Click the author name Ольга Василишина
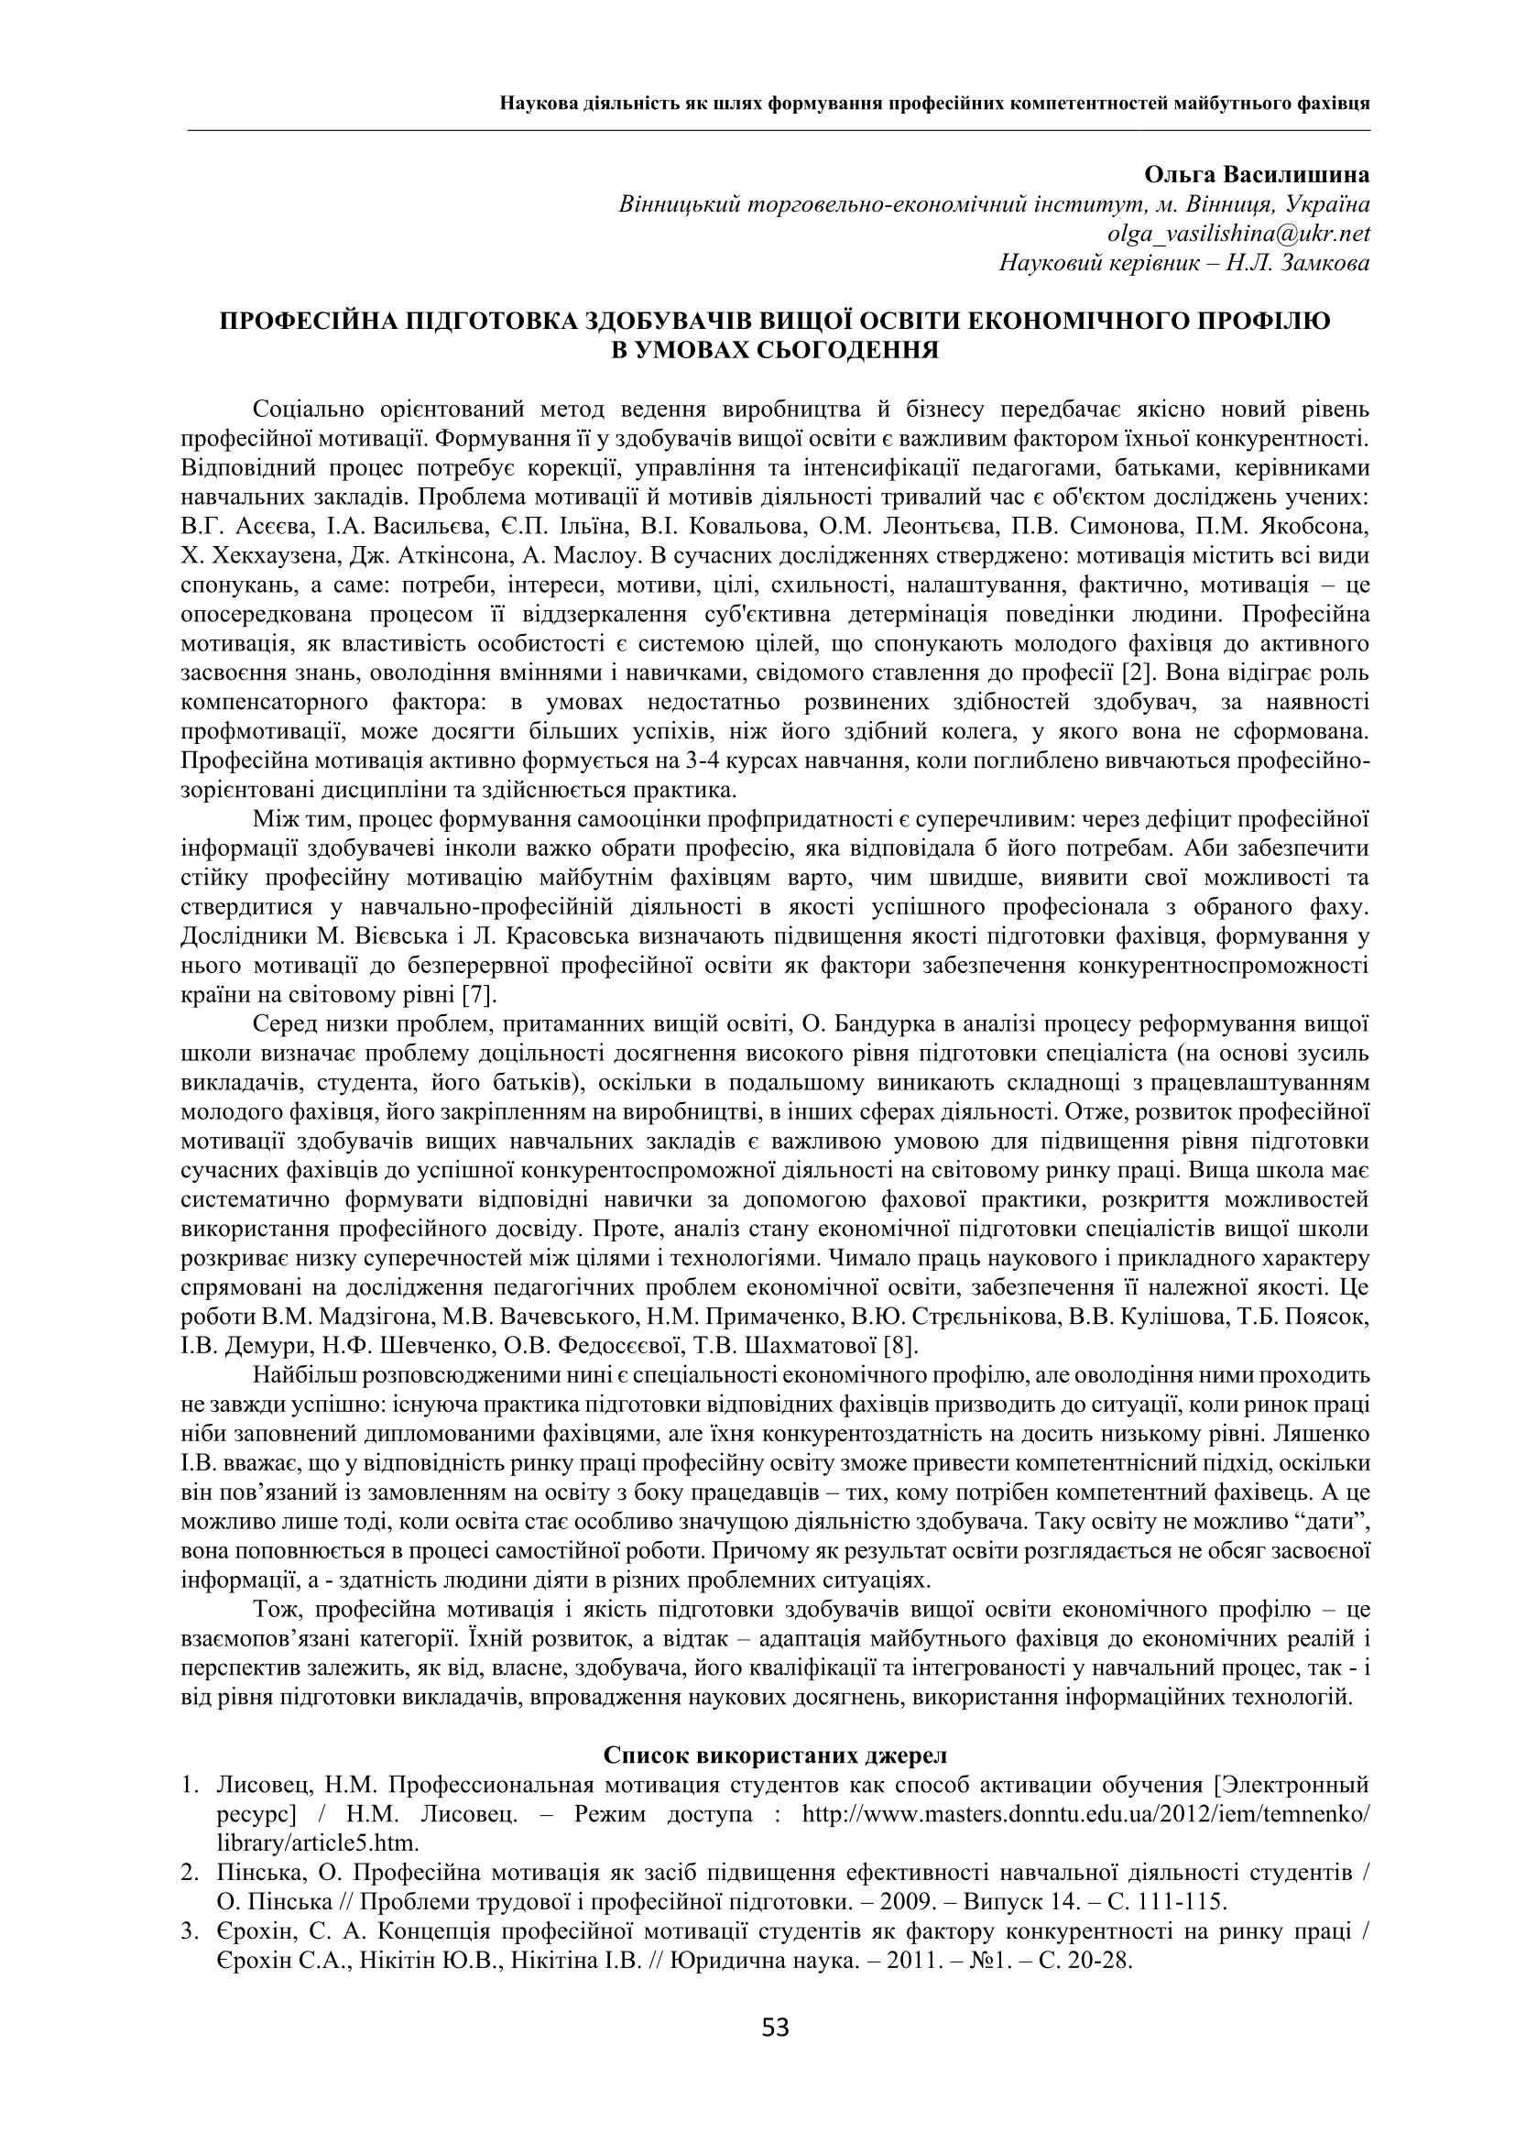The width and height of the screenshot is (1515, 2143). click(1256, 176)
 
